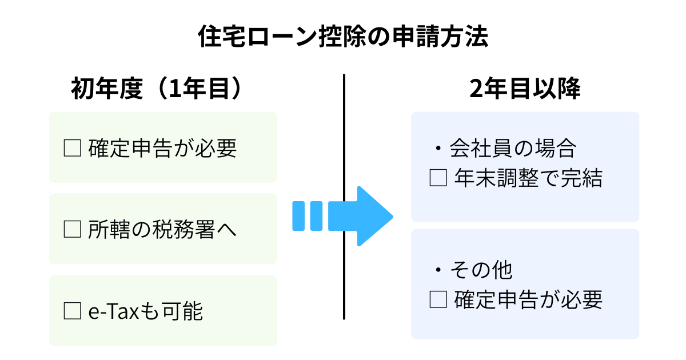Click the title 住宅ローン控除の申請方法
click(x=343, y=38)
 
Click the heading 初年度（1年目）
click(x=155, y=90)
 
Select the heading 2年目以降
click(x=525, y=90)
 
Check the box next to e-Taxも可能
click(x=73, y=311)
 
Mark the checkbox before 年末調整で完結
click(x=438, y=179)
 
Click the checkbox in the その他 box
click(x=438, y=299)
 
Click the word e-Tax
click(x=113, y=312)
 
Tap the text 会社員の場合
click(x=512, y=149)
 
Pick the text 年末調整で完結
click(x=528, y=179)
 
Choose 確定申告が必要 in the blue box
click(x=528, y=299)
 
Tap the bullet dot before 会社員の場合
click(x=438, y=150)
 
